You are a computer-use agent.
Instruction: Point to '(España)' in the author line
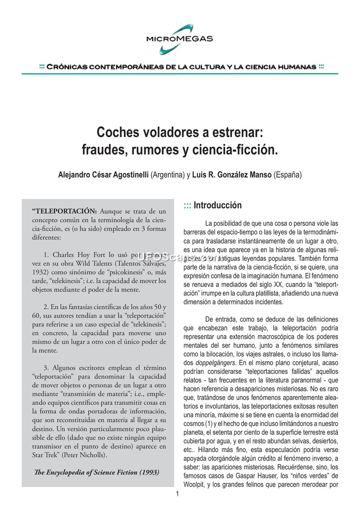[x=287, y=174]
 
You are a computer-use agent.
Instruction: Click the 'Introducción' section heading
[x=217, y=205]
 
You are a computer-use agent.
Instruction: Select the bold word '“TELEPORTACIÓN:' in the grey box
[x=64, y=210]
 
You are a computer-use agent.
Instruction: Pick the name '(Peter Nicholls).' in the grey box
[x=92, y=455]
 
